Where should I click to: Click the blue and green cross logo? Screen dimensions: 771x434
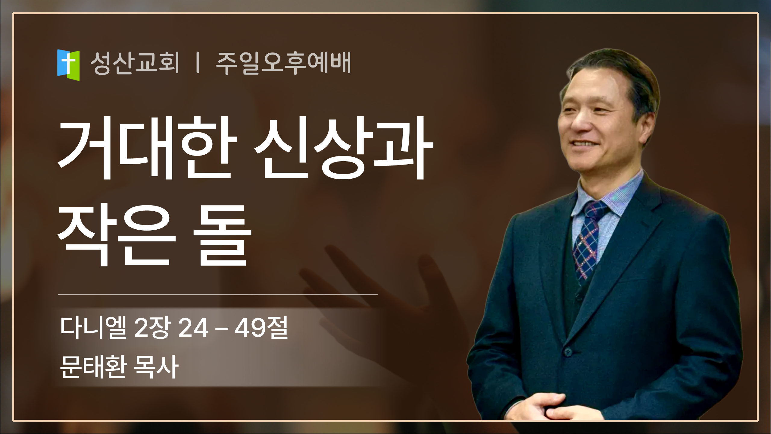68,65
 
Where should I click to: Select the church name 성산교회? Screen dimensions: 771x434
135,63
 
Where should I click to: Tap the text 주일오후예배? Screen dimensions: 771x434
283,63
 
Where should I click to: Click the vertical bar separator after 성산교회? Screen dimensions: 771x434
198,63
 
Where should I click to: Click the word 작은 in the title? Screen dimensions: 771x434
117,235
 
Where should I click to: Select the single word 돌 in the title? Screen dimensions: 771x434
222,235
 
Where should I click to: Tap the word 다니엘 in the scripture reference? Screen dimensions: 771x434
93,327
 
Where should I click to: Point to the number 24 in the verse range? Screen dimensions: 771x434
193,328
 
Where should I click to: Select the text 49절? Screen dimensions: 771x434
261,327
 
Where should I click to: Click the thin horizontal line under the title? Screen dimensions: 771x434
218,294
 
